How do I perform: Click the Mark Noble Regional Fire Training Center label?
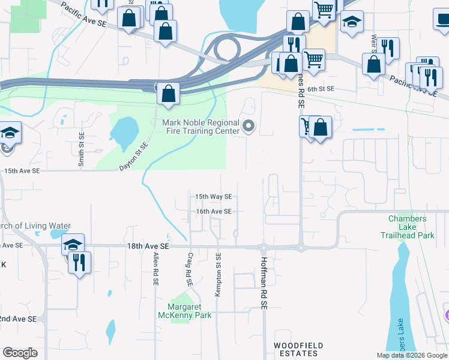(200, 127)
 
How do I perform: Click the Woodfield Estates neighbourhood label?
(298, 349)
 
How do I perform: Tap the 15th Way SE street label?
(213, 196)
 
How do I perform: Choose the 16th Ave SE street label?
(213, 211)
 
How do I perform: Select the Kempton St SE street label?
(218, 274)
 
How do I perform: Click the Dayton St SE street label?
(133, 155)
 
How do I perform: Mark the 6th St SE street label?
(321, 89)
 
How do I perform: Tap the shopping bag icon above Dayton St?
(168, 94)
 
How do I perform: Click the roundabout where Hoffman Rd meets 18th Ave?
(262, 247)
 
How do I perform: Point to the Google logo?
(20, 353)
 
